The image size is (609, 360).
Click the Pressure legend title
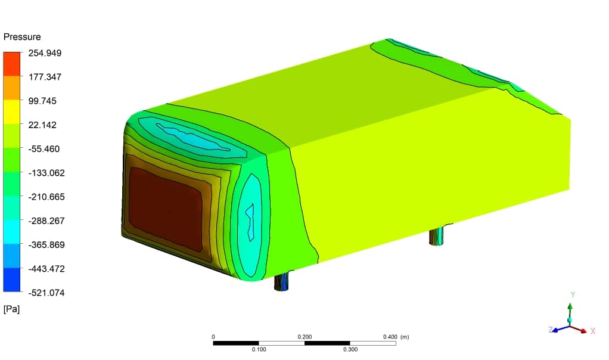(22, 37)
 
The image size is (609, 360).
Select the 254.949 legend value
(45, 53)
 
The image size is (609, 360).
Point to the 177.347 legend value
(45, 77)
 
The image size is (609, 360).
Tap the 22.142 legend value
(42, 125)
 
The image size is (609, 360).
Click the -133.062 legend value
(46, 173)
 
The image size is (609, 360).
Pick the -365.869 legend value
(46, 244)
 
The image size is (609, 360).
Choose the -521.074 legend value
(46, 293)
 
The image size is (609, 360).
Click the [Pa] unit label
(11, 309)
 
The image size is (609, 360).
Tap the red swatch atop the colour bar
(12, 64)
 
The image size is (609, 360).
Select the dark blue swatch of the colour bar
(12, 280)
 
